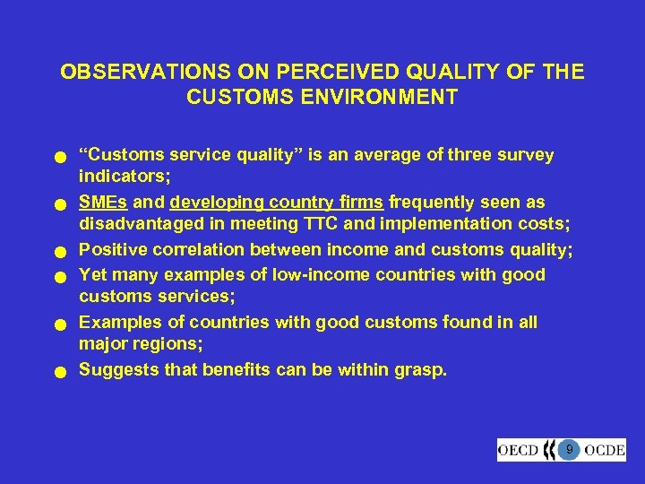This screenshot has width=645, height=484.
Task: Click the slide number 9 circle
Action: (x=569, y=449)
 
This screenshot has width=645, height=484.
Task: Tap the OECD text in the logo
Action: (x=519, y=450)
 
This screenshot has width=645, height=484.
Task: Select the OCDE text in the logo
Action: (x=606, y=450)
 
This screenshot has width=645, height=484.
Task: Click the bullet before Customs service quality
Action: (x=58, y=159)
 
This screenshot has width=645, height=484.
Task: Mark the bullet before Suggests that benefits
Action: (x=58, y=371)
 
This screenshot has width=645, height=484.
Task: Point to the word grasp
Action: (x=420, y=368)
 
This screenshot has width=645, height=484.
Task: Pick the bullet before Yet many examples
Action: (x=58, y=277)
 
